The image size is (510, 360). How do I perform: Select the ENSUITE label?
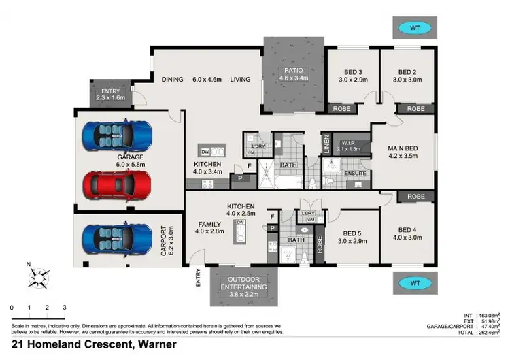coord(355,174)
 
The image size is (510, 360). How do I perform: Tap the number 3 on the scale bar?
coord(65,308)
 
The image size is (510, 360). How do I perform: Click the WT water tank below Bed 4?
coord(413,282)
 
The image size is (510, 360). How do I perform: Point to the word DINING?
coord(172,80)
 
